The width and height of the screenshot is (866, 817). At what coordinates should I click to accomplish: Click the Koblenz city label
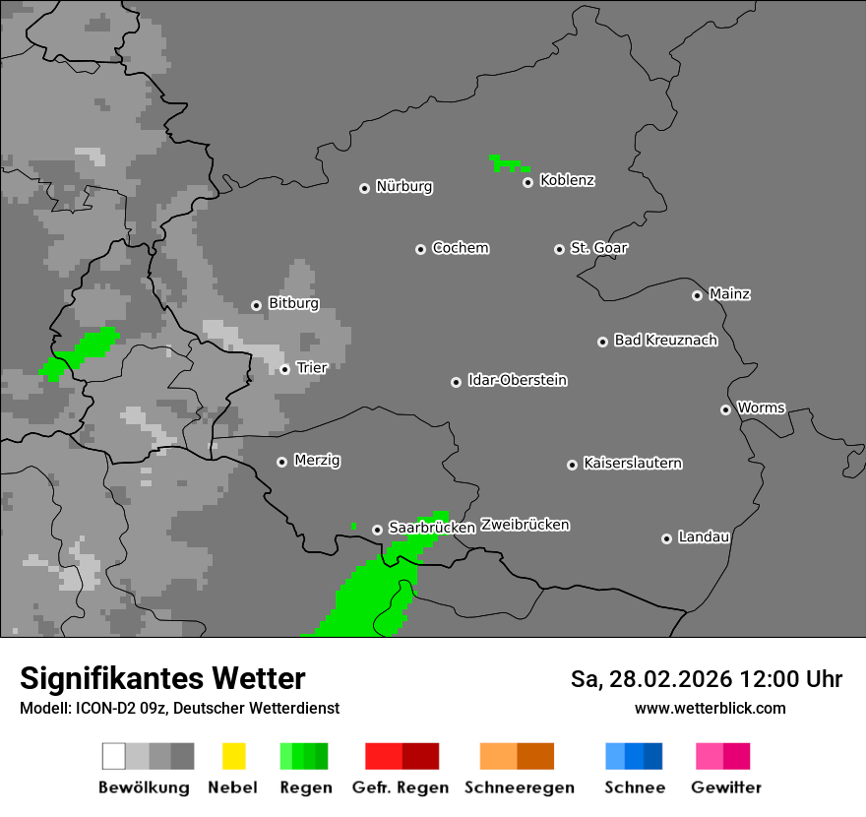pos(568,180)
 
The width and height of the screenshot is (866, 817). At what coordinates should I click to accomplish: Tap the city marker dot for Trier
pos(285,369)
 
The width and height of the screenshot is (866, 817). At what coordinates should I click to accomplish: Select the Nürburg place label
pos(404,186)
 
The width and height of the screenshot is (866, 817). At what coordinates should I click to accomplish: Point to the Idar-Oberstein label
pos(518,380)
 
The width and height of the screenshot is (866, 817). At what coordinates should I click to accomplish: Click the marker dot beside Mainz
pos(698,295)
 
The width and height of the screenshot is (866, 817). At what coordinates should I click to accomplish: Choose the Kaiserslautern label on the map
pos(633,463)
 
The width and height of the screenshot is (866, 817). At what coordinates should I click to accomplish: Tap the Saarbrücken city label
pos(432,528)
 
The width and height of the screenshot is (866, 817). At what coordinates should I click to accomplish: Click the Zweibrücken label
pos(525,525)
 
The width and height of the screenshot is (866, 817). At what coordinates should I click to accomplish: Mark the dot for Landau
pos(667,538)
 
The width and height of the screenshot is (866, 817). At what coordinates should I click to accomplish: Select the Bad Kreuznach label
pos(665,340)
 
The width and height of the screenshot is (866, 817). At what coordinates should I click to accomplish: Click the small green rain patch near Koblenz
pos(508,162)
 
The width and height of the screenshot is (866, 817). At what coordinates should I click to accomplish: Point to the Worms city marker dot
pos(726,409)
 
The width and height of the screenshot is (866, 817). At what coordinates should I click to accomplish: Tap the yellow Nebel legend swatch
pos(233,756)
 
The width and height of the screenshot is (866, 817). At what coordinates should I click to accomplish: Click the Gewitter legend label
pos(725,787)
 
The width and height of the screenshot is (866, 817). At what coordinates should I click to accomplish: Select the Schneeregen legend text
pos(520,787)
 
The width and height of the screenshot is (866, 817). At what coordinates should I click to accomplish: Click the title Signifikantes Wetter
pos(162,678)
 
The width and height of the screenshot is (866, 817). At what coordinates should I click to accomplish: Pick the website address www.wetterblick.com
pos(710,708)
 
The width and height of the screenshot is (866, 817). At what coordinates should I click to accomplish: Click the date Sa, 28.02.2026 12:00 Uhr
pos(706,679)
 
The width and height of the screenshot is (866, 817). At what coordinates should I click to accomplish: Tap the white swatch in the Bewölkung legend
pos(114,756)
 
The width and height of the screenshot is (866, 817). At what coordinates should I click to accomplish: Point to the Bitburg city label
pos(293,303)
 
